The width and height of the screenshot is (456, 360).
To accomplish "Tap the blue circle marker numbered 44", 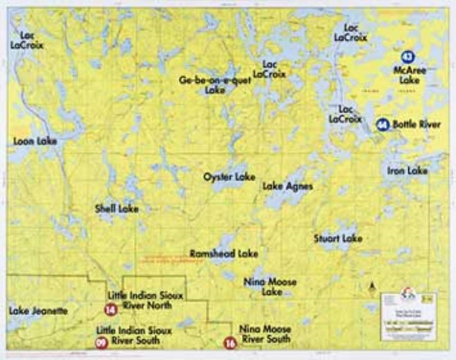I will point(382,125).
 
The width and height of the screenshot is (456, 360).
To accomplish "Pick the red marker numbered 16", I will point(230,343).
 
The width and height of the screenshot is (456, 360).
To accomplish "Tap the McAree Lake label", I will point(409,75).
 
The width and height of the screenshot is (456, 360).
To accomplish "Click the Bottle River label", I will point(416,125).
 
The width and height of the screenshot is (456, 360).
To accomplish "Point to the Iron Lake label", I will point(407,171).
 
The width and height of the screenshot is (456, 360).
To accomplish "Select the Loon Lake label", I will point(35,141).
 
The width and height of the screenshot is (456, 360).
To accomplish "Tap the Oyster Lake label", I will point(229,176).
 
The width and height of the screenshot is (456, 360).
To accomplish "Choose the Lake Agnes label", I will point(288,187).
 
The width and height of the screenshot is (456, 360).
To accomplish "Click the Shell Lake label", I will point(116,208).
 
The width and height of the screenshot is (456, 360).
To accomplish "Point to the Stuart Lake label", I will point(338,239).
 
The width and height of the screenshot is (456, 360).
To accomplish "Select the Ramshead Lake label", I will point(224,254).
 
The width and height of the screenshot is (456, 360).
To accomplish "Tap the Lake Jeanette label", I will point(38,311).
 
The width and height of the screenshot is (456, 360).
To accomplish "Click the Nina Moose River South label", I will point(265,334).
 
